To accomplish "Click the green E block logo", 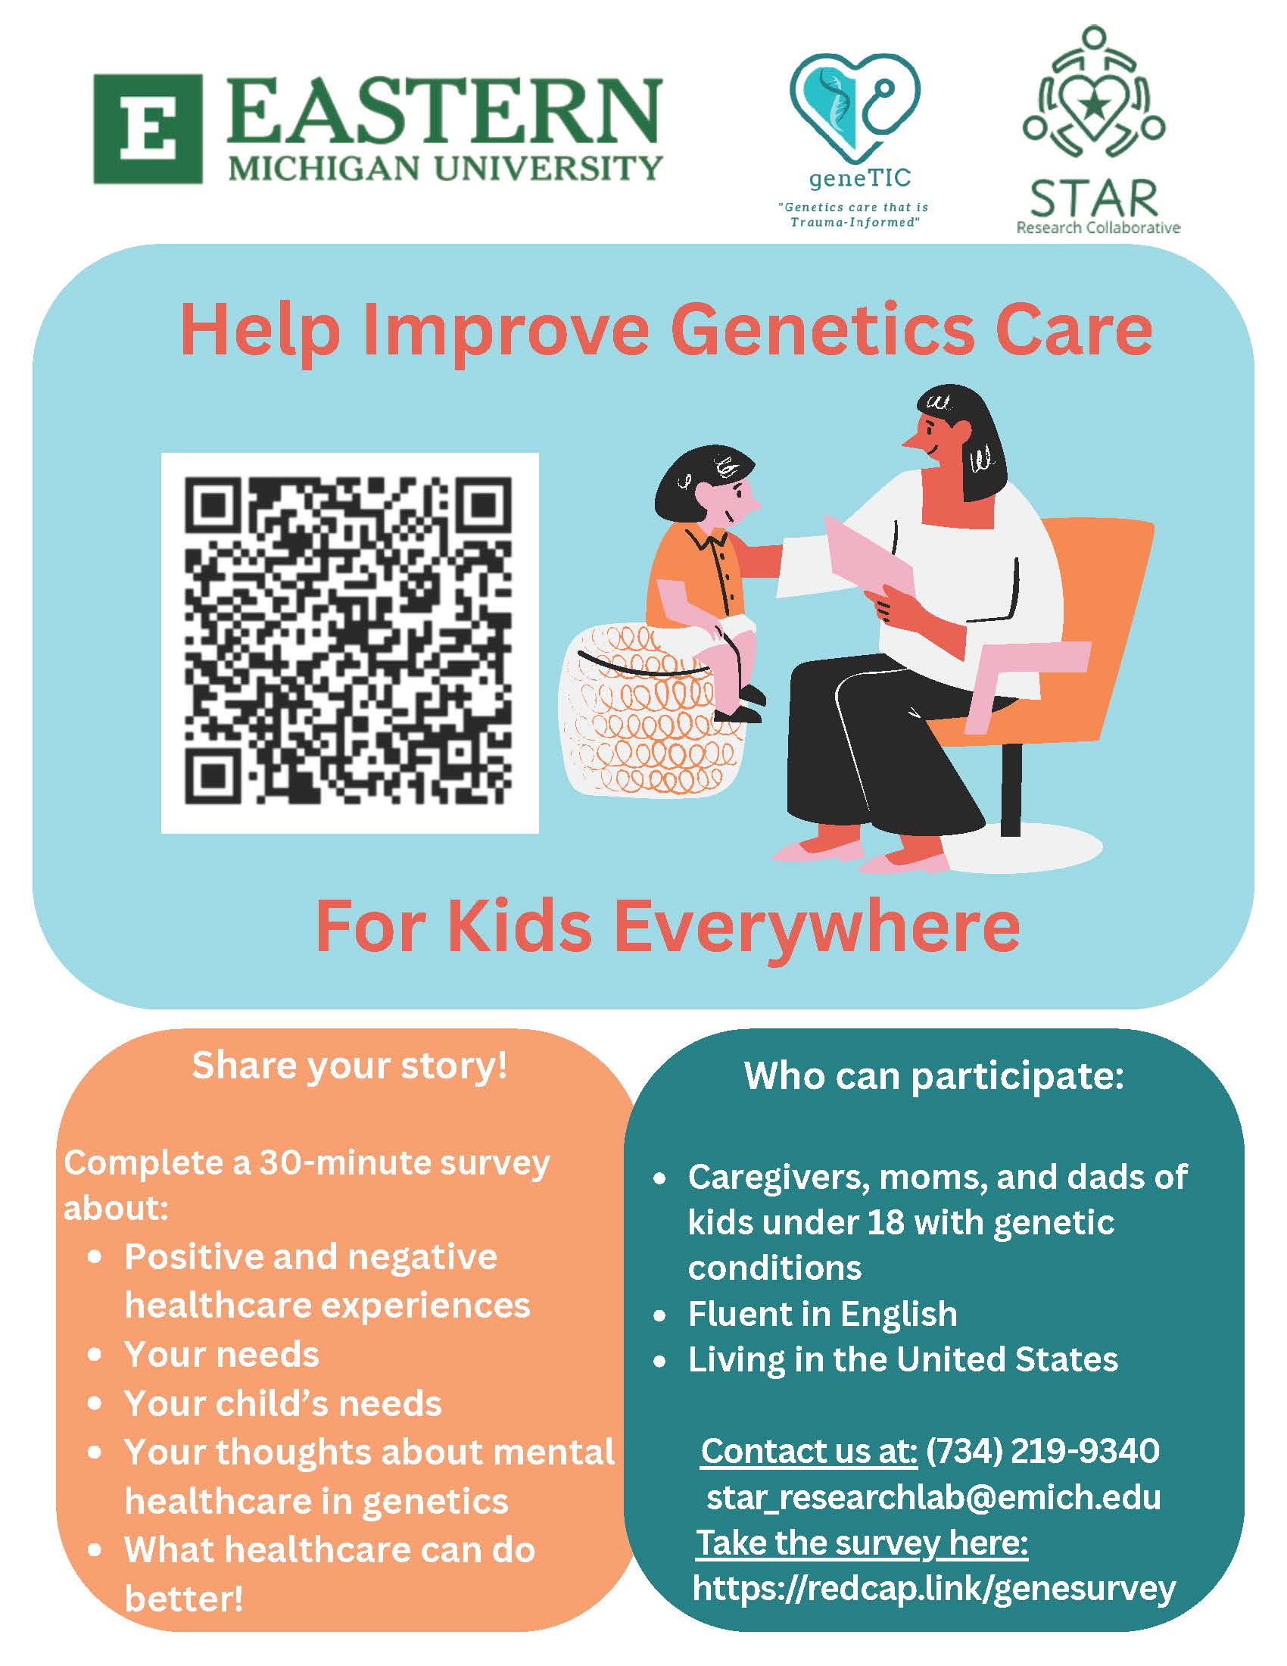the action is (148, 129).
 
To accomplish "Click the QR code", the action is (350, 642).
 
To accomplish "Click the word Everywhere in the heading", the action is (818, 926).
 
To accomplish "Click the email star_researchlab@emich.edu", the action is (933, 1496).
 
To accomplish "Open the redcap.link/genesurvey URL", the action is (934, 1590).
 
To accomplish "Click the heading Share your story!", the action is (349, 1065).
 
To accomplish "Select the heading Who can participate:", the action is (934, 1076).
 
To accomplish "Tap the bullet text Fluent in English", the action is (822, 1314).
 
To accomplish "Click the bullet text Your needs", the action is (222, 1354).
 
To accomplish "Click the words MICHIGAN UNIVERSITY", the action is (445, 167).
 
